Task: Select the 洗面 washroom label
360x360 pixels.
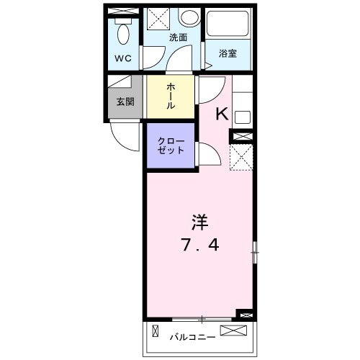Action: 179,37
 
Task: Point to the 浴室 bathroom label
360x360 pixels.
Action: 228,53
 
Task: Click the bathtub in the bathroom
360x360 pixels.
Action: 228,27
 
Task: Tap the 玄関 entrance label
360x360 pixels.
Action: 125,102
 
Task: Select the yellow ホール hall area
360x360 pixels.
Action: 171,96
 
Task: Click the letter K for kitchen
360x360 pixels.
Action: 222,112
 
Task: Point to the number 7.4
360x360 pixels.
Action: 199,245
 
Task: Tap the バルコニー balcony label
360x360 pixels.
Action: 192,336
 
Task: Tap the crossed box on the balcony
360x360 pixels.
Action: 238,331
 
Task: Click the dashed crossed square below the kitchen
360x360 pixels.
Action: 240,157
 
